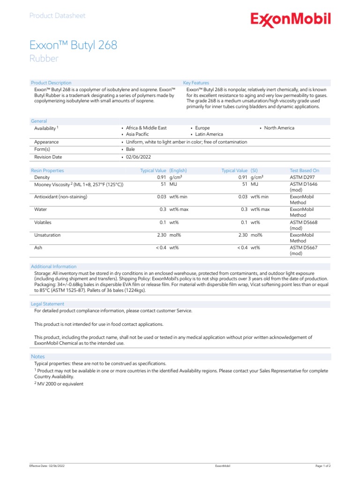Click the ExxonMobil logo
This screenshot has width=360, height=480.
[x=290, y=20]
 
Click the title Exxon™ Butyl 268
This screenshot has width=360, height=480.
[x=74, y=45]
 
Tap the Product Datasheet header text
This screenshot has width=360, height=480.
[x=57, y=15]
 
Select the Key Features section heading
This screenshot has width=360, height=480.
[x=196, y=83]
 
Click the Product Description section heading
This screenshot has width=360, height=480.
[x=51, y=83]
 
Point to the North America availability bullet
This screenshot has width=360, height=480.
[x=279, y=128]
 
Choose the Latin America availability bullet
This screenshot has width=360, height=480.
[x=209, y=135]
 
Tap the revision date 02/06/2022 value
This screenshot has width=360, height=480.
[x=138, y=157]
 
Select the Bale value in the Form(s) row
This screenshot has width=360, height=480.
[x=130, y=150]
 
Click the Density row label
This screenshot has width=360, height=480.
[x=42, y=178]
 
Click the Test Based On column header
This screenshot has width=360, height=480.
[x=304, y=171]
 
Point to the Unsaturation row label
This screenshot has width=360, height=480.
[x=47, y=235]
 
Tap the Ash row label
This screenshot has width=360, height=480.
[x=38, y=247]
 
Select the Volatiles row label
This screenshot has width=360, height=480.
[x=43, y=222]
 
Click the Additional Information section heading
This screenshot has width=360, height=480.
[x=53, y=267]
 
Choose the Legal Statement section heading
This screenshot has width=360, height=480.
[x=47, y=304]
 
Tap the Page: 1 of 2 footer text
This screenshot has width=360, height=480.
[x=323, y=466]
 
